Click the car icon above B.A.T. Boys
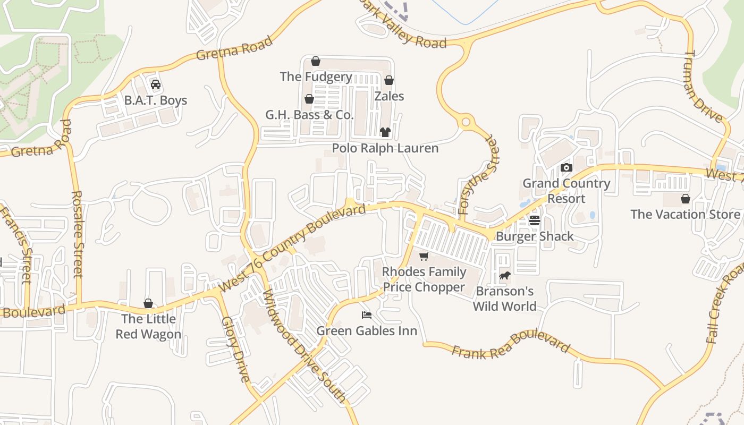tap(156, 84)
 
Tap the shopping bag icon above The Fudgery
tap(316, 61)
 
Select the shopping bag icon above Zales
tap(389, 81)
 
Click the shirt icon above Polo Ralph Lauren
tap(385, 132)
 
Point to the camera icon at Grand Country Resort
tap(567, 168)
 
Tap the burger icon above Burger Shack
tap(535, 220)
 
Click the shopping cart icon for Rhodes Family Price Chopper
tap(424, 257)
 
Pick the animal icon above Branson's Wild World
tap(504, 276)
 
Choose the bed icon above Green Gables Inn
tap(367, 315)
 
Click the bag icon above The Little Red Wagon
tap(148, 303)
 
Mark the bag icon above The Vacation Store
tap(686, 199)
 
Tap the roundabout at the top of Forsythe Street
tap(466, 123)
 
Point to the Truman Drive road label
tap(705, 87)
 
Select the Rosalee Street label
tap(78, 234)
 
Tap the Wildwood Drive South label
tap(305, 345)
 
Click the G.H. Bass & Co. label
tap(309, 115)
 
